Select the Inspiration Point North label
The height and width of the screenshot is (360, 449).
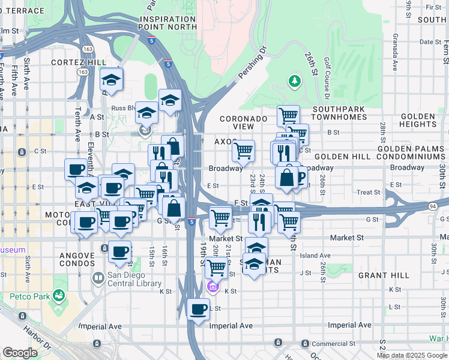click(x=167, y=23)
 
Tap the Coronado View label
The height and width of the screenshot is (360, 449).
click(x=244, y=123)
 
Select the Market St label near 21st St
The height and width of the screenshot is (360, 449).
click(x=226, y=238)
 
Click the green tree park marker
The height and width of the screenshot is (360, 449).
click(x=294, y=80)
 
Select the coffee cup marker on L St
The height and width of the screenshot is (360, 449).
click(x=198, y=310)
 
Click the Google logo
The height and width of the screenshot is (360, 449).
click(x=20, y=353)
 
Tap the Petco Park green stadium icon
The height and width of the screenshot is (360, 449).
click(x=58, y=295)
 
